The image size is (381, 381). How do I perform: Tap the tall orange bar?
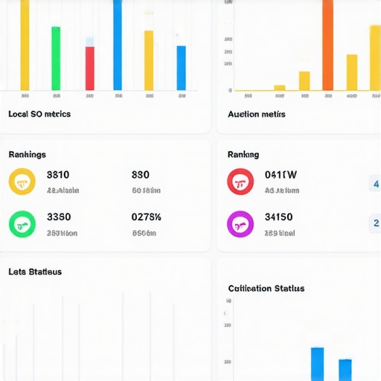(x=327, y=45)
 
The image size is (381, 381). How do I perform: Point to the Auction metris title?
(x=256, y=115)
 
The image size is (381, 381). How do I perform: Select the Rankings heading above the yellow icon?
(x=27, y=155)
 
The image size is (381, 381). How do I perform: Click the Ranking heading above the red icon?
(x=243, y=155)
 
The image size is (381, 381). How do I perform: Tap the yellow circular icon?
(x=22, y=182)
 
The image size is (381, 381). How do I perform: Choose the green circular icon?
(x=22, y=223)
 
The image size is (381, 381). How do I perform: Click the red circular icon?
(x=240, y=182)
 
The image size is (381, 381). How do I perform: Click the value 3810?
(x=58, y=176)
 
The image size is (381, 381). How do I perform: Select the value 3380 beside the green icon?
(x=59, y=217)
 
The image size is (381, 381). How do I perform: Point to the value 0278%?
(x=147, y=217)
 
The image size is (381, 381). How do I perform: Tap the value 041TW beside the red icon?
(x=281, y=176)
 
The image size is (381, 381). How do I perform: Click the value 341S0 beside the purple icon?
(x=279, y=217)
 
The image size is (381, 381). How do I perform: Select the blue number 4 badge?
(x=375, y=184)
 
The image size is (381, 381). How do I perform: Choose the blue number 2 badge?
(x=375, y=222)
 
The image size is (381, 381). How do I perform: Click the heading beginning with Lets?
(x=35, y=272)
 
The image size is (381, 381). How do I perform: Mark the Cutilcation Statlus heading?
(x=266, y=288)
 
